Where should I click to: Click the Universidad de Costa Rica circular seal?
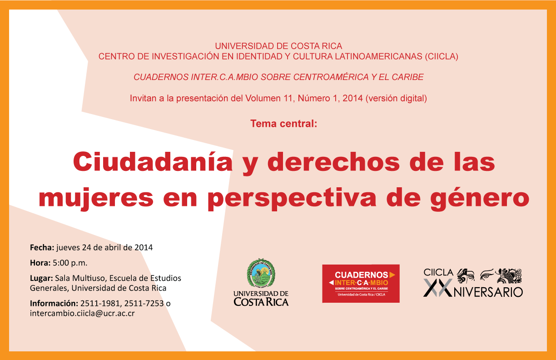(x=261, y=273)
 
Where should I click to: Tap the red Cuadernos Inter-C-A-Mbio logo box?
(x=361, y=284)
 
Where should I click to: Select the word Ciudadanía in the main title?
(x=153, y=162)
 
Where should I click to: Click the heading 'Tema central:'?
(x=284, y=124)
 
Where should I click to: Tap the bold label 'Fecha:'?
(x=42, y=247)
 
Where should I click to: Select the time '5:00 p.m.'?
(x=70, y=263)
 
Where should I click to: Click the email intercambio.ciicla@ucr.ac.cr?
(x=82, y=313)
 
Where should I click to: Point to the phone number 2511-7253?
(x=144, y=303)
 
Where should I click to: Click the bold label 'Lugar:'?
(x=41, y=278)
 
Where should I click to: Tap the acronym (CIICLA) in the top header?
(x=442, y=57)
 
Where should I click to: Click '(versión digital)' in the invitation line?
(x=396, y=98)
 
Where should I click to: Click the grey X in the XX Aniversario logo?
(x=431, y=288)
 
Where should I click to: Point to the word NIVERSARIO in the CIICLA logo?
(x=488, y=292)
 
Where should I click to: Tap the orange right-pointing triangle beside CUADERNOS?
(x=392, y=275)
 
